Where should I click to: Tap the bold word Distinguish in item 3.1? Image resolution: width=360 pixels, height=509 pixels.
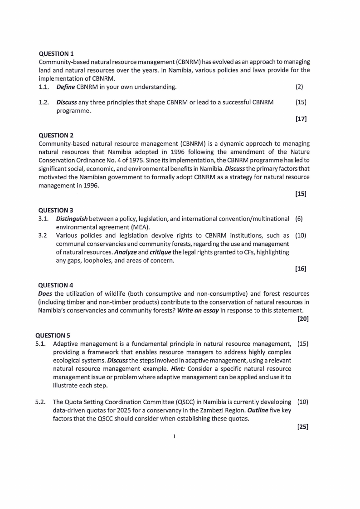(74, 219)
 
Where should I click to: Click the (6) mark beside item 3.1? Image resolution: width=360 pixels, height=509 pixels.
(299, 219)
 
